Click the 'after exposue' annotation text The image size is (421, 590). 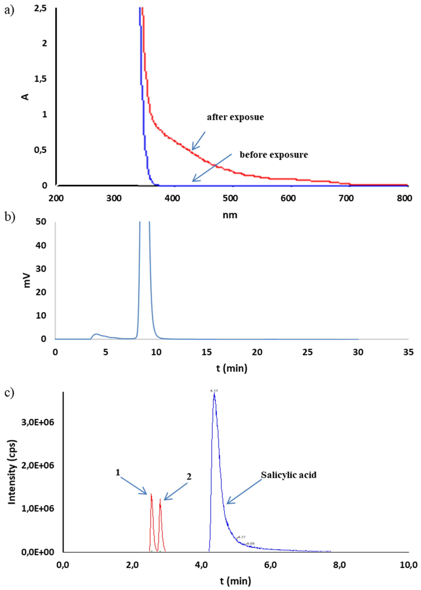click(235, 117)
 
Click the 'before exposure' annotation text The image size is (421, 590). click(274, 155)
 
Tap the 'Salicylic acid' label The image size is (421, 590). click(289, 475)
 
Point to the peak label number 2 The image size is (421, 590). click(189, 476)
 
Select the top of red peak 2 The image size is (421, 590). click(160, 499)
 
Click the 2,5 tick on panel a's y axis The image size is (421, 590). click(40, 8)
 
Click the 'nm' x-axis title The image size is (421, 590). click(230, 215)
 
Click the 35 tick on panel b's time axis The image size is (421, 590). click(409, 352)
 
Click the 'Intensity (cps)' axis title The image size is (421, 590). click(12, 472)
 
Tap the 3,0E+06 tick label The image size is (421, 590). click(38, 422)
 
